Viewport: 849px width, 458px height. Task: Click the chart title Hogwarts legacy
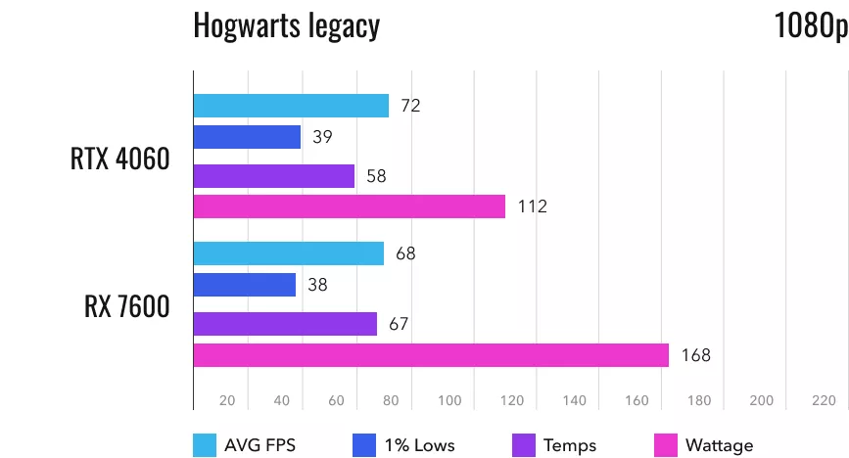286,25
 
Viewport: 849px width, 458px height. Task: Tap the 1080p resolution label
809,25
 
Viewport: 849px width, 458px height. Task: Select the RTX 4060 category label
119,160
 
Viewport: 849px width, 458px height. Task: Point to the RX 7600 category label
126,306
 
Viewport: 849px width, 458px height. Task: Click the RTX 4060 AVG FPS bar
291,106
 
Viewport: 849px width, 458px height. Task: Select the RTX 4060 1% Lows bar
247,137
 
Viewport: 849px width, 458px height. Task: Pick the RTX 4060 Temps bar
274,176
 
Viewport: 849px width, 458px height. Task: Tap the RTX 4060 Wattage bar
350,206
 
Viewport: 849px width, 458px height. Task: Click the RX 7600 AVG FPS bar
289,253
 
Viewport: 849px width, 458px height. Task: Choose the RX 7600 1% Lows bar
245,285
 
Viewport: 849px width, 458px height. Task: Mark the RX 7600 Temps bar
285,324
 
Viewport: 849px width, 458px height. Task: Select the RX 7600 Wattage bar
431,355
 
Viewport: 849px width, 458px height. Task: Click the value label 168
695,355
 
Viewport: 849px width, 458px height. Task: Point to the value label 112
532,206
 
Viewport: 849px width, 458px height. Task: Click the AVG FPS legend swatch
206,445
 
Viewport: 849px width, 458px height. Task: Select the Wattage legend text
720,445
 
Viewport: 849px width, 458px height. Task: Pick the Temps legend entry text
569,445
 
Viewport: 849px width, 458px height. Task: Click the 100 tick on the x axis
449,400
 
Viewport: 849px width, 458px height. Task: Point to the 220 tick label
823,400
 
